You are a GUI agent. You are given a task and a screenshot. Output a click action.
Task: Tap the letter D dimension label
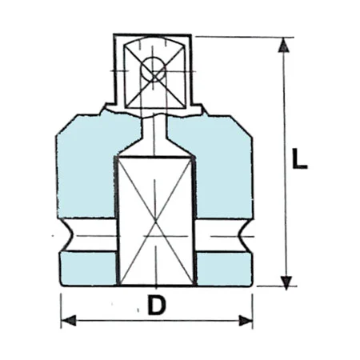157,305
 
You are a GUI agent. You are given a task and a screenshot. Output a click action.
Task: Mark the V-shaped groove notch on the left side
70,237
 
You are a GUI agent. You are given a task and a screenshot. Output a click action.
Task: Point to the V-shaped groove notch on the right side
243,237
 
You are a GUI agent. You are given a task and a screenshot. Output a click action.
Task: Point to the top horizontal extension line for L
240,36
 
